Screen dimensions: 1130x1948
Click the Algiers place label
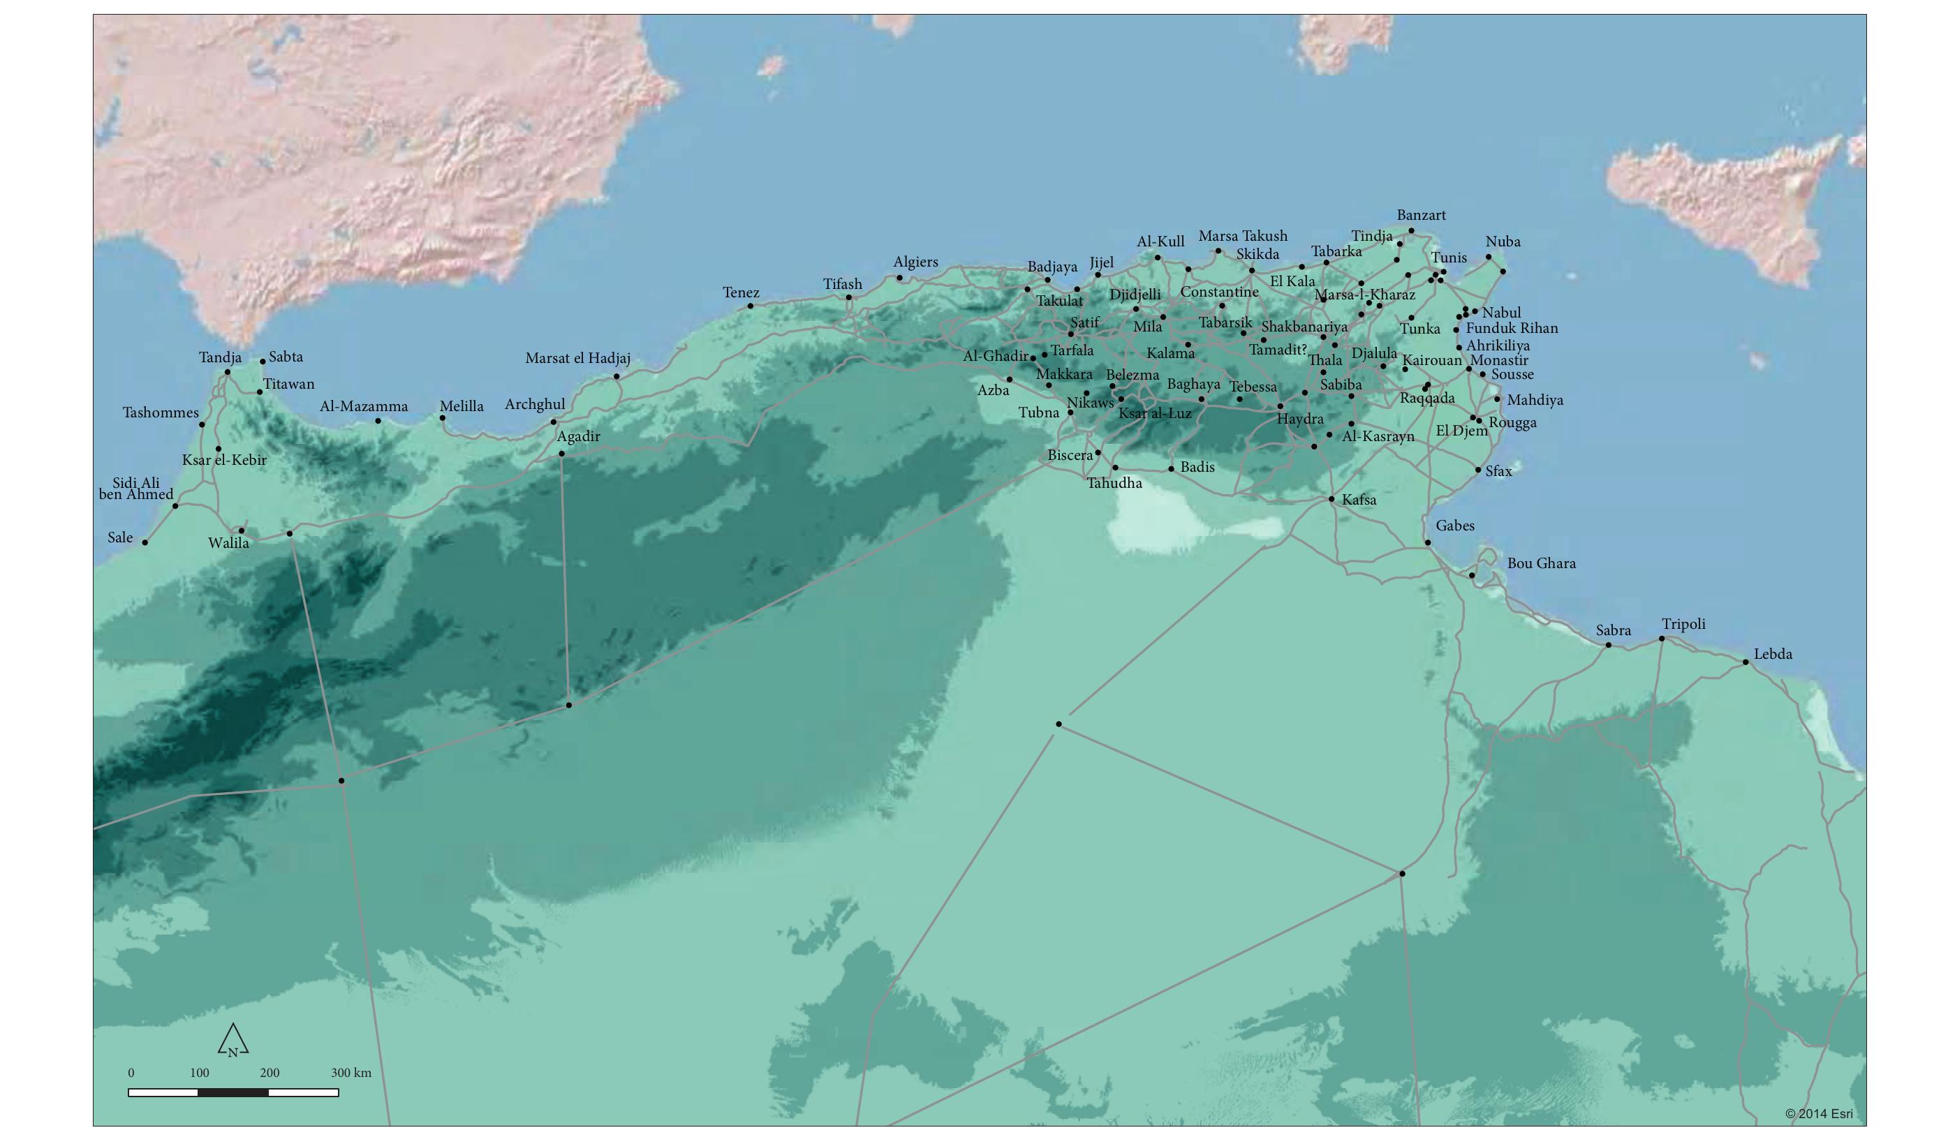tap(915, 262)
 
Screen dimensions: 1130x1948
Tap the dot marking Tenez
tap(750, 306)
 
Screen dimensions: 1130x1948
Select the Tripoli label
tap(1683, 624)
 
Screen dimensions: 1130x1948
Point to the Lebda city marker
tap(1745, 662)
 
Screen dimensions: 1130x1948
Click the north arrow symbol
tap(233, 1041)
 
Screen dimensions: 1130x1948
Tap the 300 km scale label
tap(351, 1073)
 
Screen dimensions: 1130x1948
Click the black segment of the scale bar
tap(233, 1093)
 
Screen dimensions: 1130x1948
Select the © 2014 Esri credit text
tap(1819, 1114)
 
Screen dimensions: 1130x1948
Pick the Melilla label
tap(462, 406)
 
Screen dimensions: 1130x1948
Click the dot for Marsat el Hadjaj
tap(616, 376)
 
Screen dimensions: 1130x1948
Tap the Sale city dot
tap(145, 542)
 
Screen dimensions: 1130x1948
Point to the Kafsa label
tap(1359, 500)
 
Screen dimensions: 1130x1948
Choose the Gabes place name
tap(1455, 526)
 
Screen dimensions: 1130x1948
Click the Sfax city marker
tap(1478, 470)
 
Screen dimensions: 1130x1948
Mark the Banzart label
tap(1421, 215)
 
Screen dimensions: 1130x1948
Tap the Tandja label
tap(221, 357)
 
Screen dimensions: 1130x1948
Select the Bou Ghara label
tap(1541, 563)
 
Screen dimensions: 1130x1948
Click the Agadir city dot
tap(562, 454)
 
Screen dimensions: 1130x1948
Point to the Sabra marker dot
tap(1609, 645)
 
